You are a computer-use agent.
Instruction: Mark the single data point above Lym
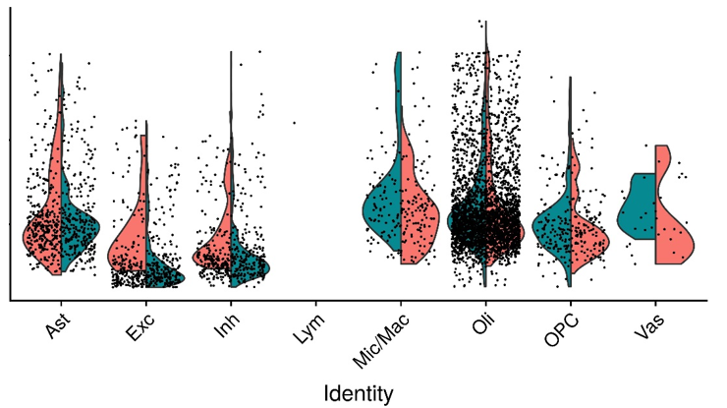[x=295, y=123]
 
